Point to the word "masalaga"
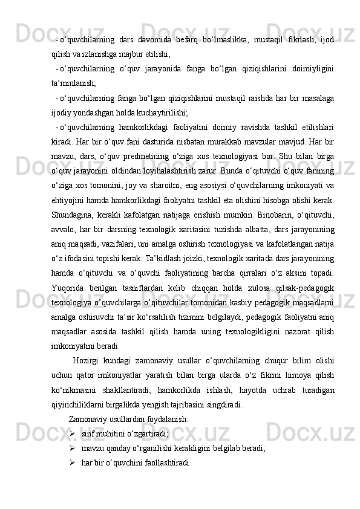point(316,99)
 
